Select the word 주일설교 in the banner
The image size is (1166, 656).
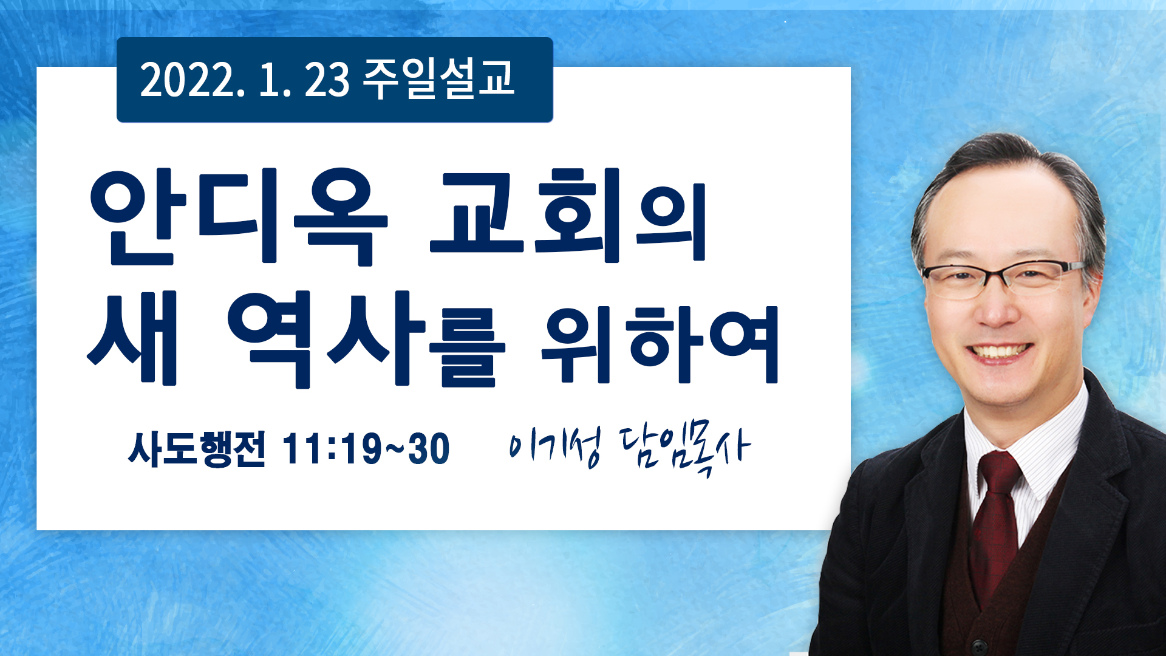click(438, 79)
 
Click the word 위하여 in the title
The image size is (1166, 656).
click(660, 344)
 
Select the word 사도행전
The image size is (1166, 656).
click(197, 449)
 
